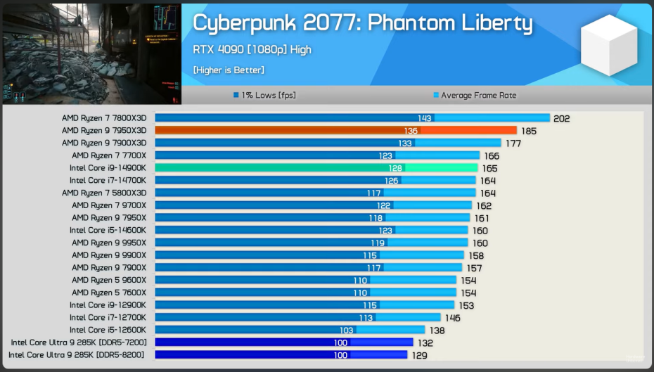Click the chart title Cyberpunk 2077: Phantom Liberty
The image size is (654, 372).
[362, 23]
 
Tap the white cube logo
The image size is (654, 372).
[608, 46]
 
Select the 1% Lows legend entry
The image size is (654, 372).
[264, 96]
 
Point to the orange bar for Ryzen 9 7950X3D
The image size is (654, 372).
[335, 131]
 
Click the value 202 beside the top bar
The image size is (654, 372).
[562, 119]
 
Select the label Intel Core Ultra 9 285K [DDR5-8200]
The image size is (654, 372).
[77, 355]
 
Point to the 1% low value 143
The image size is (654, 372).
[425, 119]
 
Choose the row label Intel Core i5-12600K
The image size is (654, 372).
[108, 330]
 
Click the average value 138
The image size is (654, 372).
[437, 331]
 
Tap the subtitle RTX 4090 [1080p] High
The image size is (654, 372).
[252, 50]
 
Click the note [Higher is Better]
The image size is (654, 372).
[229, 70]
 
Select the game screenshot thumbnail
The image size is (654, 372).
[91, 53]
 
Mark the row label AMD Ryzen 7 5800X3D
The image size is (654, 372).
[104, 193]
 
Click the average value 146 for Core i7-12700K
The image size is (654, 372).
[453, 318]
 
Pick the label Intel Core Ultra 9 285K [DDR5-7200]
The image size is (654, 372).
[79, 342]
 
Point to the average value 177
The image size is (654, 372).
[533, 143]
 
